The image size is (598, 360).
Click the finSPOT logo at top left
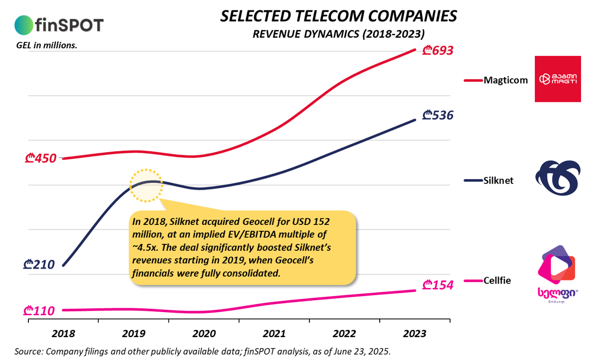tap(59, 24)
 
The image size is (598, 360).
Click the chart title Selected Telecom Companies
tap(338, 16)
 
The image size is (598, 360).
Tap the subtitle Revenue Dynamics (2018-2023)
tap(338, 34)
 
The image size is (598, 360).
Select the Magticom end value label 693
tap(437, 50)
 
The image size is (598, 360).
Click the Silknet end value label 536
tap(437, 116)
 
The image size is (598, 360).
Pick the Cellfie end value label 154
tap(437, 286)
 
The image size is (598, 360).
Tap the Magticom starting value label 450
tap(40, 160)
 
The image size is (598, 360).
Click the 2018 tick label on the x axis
tap(63, 333)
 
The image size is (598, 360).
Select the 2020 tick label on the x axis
tap(204, 333)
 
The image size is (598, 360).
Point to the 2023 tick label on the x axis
tap(415, 333)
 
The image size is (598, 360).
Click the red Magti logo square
tap(558, 79)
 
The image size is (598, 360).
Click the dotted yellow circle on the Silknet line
tap(146, 185)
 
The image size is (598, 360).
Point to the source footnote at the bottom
tap(203, 351)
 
